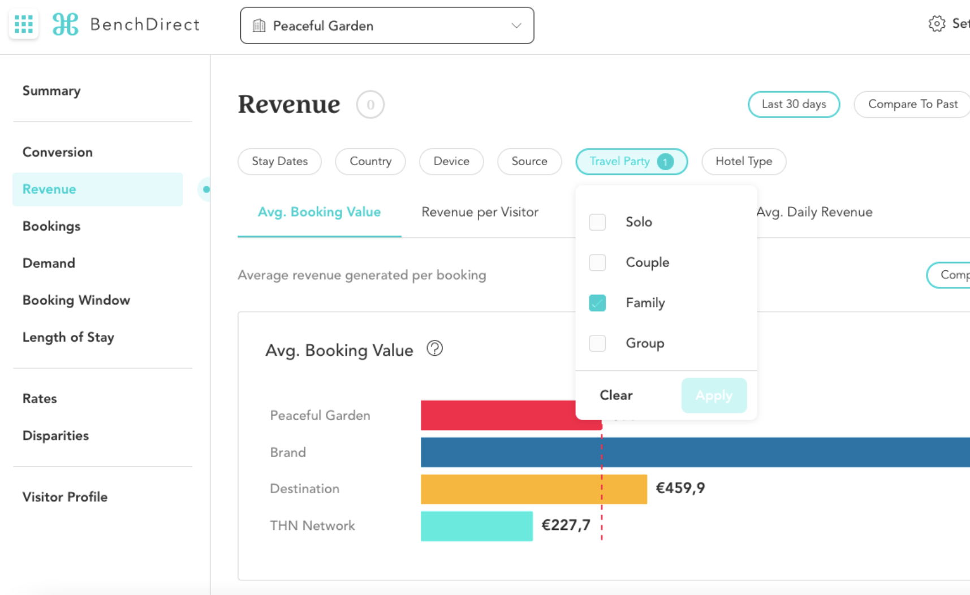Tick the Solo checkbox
pyautogui.click(x=597, y=222)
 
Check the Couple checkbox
pyautogui.click(x=597, y=262)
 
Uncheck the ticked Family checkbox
pyautogui.click(x=597, y=303)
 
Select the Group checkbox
pyautogui.click(x=597, y=343)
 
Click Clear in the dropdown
pyautogui.click(x=616, y=395)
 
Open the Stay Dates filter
pyautogui.click(x=279, y=162)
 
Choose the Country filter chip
pyautogui.click(x=370, y=162)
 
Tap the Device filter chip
pyautogui.click(x=451, y=162)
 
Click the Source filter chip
pyautogui.click(x=529, y=162)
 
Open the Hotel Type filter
pyautogui.click(x=744, y=162)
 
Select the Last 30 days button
pyautogui.click(x=794, y=105)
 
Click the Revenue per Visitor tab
pyautogui.click(x=480, y=212)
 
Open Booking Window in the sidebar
pyautogui.click(x=76, y=300)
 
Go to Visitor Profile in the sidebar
pyautogui.click(x=65, y=497)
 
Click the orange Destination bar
pyautogui.click(x=533, y=489)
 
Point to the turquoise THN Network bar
pyautogui.click(x=476, y=526)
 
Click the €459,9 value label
pyautogui.click(x=680, y=488)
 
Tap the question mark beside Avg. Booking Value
pyautogui.click(x=434, y=348)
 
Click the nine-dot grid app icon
pyautogui.click(x=24, y=24)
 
